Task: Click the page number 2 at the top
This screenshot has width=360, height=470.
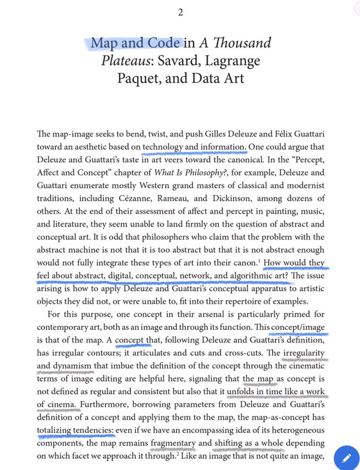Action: pos(180,13)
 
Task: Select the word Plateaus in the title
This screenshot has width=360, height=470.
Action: pos(124,61)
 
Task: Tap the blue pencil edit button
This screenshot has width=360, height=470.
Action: pos(346,458)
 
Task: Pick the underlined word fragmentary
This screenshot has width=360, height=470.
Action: pos(173,442)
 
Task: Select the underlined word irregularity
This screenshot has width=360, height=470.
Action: pos(304,353)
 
